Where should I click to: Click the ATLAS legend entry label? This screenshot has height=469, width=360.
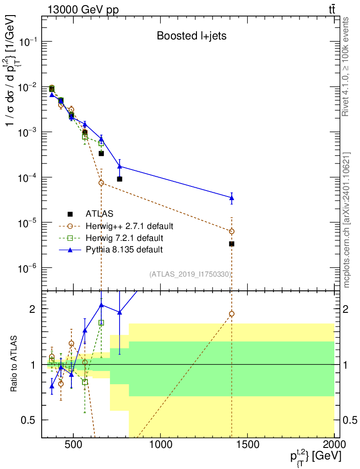point(99,213)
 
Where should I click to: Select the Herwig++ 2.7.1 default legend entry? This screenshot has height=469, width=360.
point(129,226)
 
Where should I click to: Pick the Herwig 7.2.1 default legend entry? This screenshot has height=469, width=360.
point(125,238)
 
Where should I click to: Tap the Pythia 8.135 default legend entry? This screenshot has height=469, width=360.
point(124,250)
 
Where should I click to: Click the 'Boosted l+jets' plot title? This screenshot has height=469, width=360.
point(191,36)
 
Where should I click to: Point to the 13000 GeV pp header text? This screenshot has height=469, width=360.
point(83,10)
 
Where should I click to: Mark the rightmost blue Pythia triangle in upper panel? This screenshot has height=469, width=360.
point(231,198)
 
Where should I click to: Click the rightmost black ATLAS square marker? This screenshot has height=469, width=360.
point(231,244)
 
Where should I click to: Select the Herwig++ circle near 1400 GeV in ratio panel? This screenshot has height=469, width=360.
point(231,314)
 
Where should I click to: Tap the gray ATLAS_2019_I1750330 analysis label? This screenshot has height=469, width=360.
point(190,274)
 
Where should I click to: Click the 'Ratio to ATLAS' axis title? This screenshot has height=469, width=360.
point(13,364)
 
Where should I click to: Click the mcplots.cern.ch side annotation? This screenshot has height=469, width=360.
point(346,220)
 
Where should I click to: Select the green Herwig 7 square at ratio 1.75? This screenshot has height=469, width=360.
point(101,322)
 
